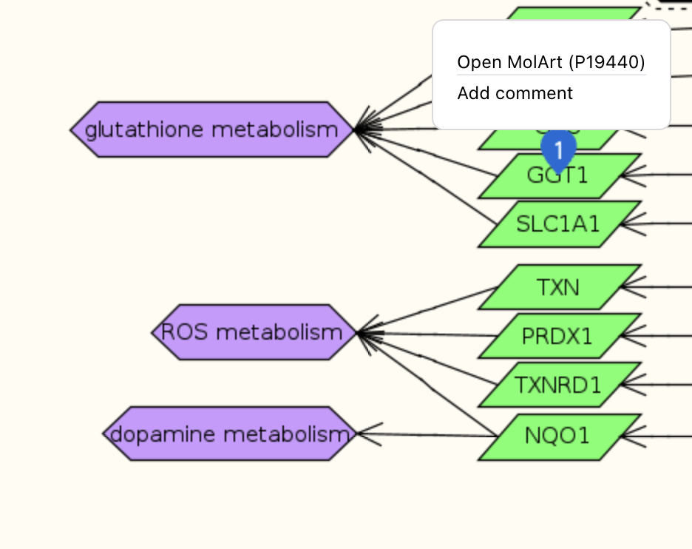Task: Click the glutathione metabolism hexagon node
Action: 212,129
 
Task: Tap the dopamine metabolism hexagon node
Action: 229,434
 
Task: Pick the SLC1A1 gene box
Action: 558,223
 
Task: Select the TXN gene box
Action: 558,286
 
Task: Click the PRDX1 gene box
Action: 558,337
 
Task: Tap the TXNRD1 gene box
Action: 558,385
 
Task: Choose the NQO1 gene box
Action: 558,436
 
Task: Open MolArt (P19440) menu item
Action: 551,62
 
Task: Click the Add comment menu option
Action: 515,93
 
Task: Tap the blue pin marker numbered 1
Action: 559,149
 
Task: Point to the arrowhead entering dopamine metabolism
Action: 359,434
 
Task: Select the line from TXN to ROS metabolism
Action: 429,309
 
